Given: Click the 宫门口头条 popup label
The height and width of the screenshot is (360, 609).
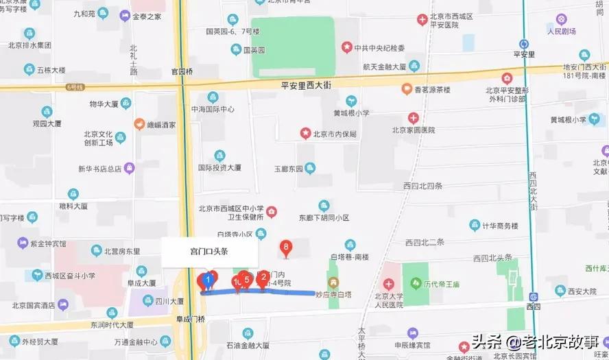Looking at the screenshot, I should tap(209, 252).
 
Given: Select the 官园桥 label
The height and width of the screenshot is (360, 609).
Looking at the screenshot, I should tap(183, 71).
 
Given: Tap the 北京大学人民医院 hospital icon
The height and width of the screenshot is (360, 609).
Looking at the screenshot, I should tap(389, 284).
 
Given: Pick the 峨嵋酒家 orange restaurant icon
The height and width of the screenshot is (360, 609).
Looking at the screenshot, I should tap(139, 125).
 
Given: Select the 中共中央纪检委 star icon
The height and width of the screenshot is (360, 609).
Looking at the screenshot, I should tap(347, 47).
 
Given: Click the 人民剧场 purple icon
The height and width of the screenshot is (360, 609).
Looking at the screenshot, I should tap(562, 19).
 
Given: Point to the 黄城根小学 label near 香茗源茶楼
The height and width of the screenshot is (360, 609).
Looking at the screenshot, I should tap(351, 114).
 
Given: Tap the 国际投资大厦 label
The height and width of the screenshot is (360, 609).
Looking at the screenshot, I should tap(219, 167).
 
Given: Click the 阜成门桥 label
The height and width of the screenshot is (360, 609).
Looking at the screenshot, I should tap(191, 318).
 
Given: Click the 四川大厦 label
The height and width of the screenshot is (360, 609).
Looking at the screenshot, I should tap(168, 301).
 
